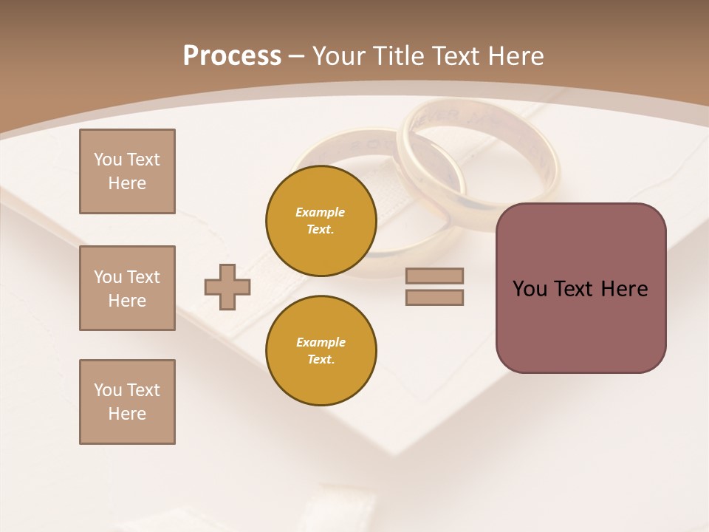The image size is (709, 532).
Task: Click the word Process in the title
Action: click(232, 56)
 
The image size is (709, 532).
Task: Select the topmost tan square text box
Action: click(127, 171)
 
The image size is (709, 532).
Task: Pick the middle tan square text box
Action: click(127, 288)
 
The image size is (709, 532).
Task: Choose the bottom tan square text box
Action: click(127, 402)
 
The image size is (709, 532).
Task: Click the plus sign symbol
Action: click(227, 287)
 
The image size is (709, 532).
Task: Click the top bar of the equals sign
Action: click(434, 276)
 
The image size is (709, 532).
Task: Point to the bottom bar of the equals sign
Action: click(434, 297)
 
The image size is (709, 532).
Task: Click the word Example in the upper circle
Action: click(321, 212)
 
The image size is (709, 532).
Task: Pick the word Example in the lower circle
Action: click(321, 342)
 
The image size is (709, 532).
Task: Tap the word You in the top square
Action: click(108, 160)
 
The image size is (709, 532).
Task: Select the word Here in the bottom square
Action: click(127, 414)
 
